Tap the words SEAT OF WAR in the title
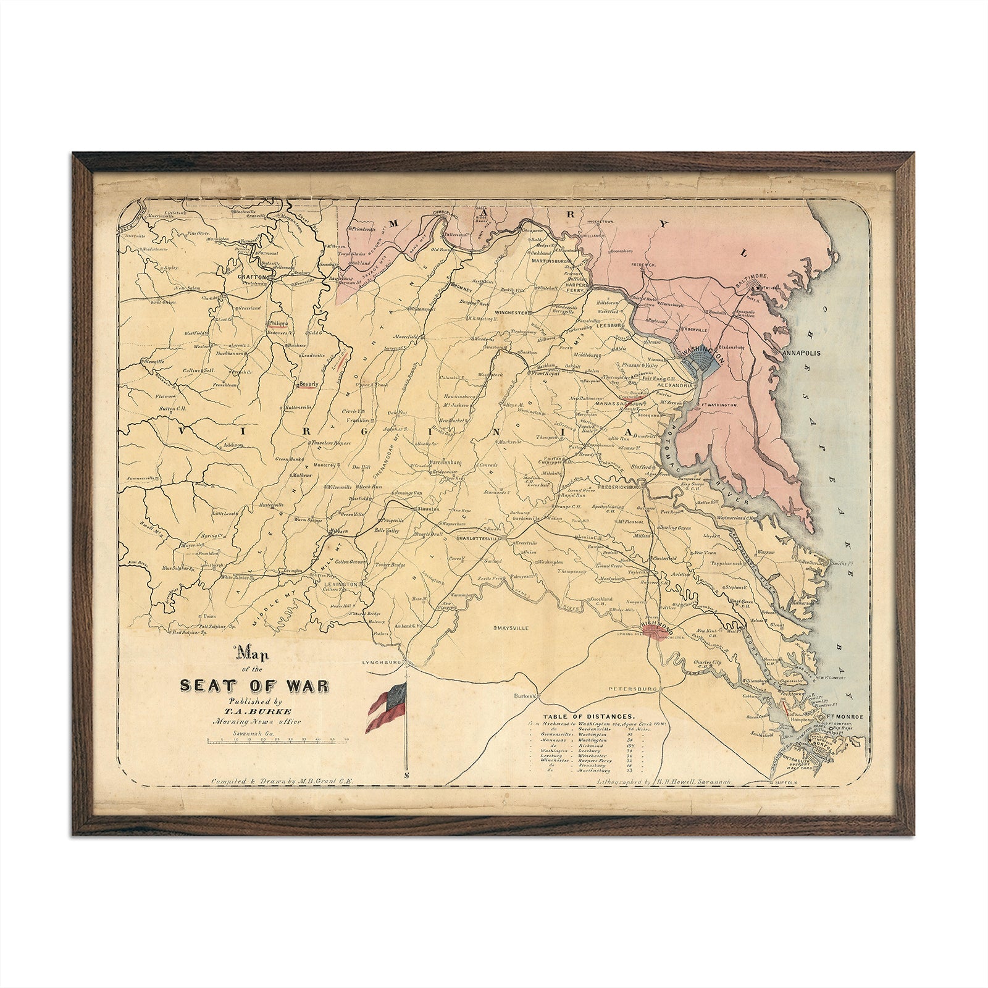pos(254,686)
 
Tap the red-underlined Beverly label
pos(308,384)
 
